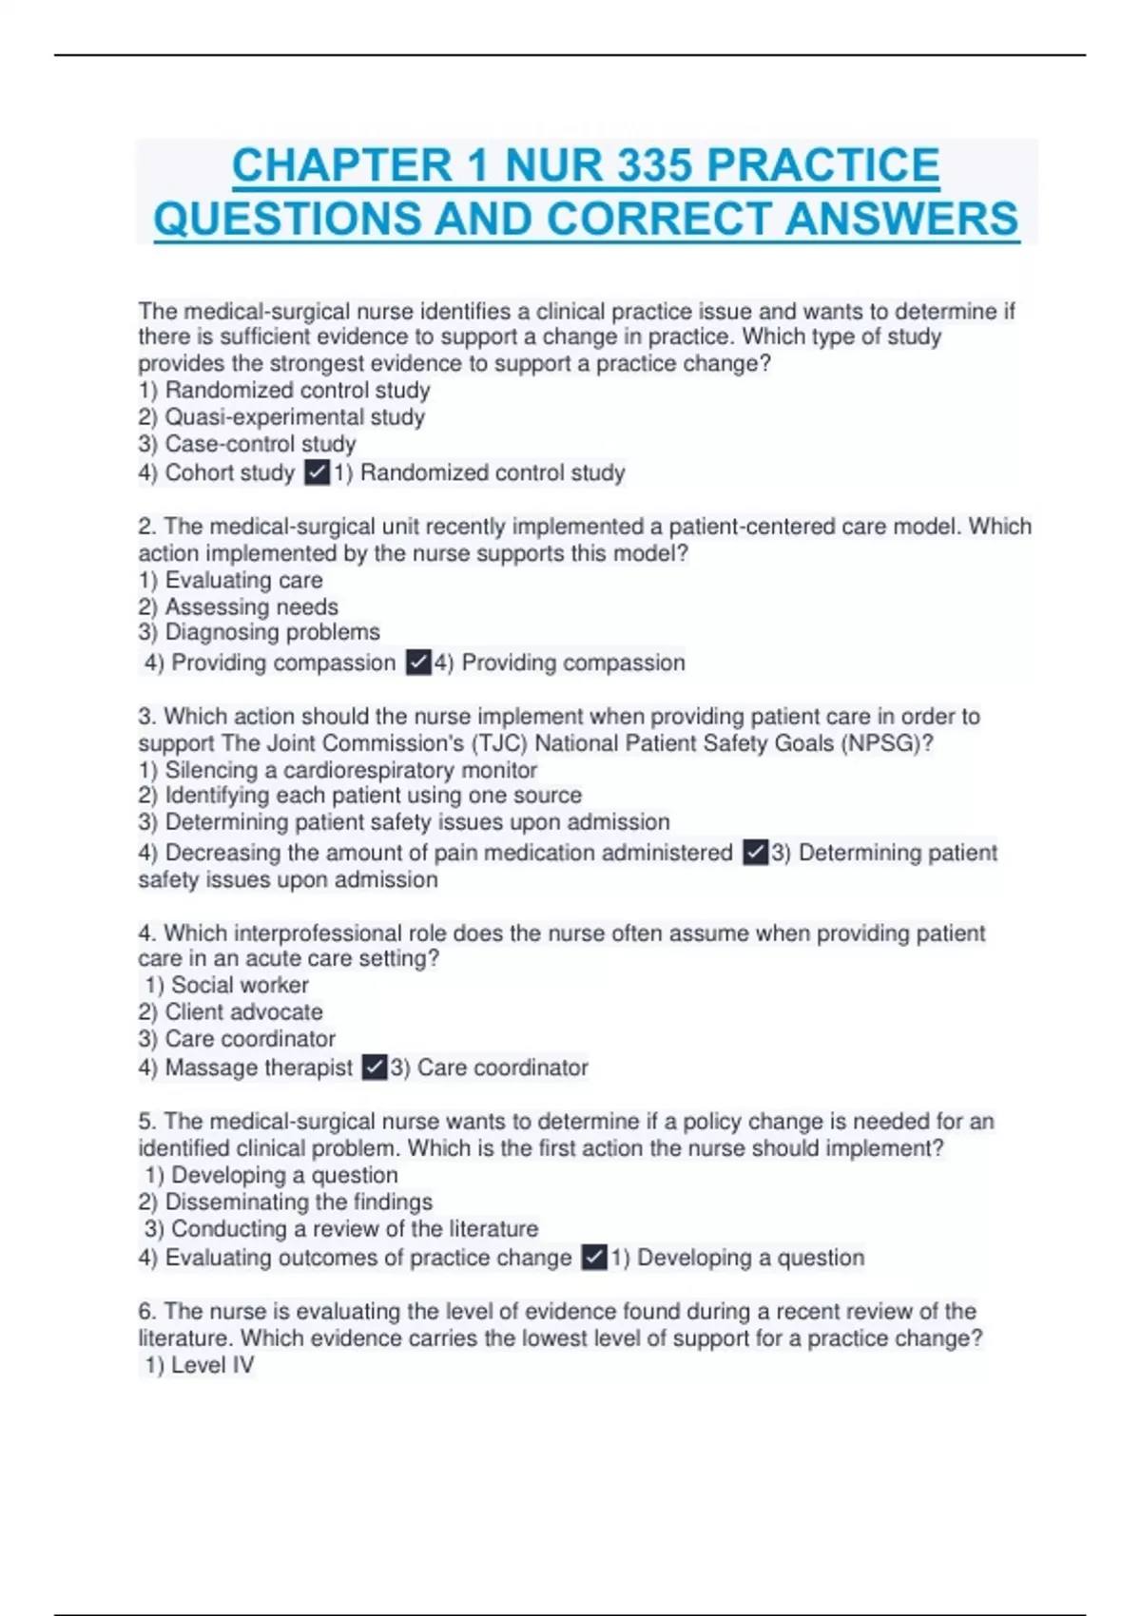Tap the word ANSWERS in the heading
coord(902,219)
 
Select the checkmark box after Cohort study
coord(317,472)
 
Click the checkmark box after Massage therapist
coord(375,1068)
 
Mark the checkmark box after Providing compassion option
coord(418,663)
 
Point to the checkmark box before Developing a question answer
coord(594,1258)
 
